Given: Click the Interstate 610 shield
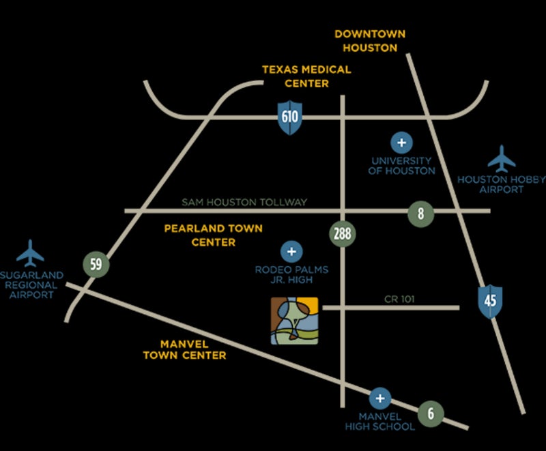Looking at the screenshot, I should coord(289,117).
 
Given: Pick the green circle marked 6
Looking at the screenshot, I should coord(431,413).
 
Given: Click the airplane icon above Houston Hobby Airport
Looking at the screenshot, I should coord(502,160).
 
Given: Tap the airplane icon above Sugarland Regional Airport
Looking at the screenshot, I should coord(30,254).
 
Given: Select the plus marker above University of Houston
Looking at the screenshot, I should coord(401,143).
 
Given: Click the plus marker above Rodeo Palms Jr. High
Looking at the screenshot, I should coord(291,252).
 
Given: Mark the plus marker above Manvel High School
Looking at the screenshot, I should coord(379,399).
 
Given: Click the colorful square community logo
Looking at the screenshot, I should coord(295,321).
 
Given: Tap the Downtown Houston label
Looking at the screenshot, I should coord(370,41).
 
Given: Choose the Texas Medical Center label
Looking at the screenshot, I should coord(306,76).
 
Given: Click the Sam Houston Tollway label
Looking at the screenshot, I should coord(244,202).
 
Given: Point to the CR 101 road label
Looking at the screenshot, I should coord(400,299).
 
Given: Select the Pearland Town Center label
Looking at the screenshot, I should coord(213,235).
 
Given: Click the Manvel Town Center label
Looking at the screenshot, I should coord(184,349).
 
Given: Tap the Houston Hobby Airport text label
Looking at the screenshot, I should coord(501,184).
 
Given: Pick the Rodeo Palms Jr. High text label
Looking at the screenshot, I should coord(291,274).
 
